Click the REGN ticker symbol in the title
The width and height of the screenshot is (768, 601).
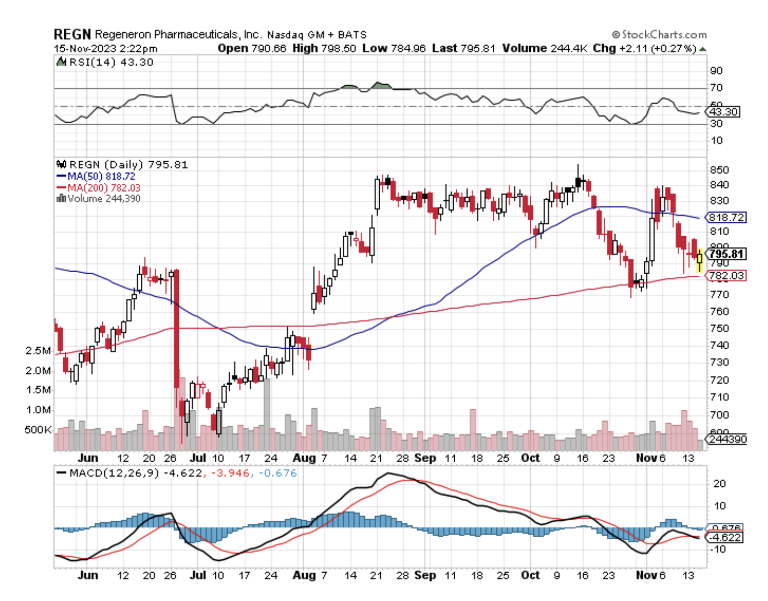click(x=72, y=34)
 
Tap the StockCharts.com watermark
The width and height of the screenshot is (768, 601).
click(x=659, y=35)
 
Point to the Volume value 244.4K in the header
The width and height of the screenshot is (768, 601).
click(x=567, y=48)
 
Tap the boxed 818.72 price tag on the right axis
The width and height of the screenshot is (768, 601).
click(x=726, y=217)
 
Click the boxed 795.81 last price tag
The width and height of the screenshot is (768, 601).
click(x=726, y=254)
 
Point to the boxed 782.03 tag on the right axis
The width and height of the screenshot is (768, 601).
click(x=726, y=275)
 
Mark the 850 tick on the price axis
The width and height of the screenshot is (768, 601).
click(x=719, y=170)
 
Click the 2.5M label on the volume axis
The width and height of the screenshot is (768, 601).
click(x=38, y=351)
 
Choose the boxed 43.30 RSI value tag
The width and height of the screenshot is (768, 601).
click(x=724, y=112)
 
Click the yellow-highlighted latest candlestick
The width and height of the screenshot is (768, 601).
click(x=699, y=259)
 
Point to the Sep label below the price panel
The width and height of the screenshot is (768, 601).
click(x=425, y=458)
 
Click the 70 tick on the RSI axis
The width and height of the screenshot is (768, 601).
click(x=716, y=88)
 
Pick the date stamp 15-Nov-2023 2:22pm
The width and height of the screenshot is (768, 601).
click(x=106, y=49)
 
